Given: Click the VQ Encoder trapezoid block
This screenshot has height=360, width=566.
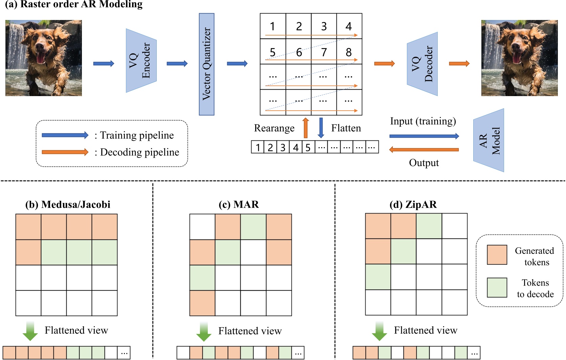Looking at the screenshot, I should tap(141, 61).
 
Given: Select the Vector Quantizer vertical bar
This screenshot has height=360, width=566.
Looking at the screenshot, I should tap(206, 64).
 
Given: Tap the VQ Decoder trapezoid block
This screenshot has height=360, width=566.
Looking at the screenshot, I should tap(422, 64).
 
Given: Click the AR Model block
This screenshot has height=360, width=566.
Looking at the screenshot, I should tap(488, 140).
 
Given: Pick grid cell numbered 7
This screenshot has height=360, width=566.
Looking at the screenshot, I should tap(324, 52).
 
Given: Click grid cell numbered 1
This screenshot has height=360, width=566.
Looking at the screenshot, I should tap(273, 26).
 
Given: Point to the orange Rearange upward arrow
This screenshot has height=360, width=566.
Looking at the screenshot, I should tap(305, 128).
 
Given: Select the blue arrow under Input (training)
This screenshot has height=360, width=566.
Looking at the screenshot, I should tap(424, 136).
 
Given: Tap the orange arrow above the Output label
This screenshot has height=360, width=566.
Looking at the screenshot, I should tap(424, 150).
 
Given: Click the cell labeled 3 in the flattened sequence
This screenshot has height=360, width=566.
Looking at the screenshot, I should tap(283, 147).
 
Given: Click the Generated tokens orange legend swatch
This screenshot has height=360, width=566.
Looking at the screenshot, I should tap(497, 255).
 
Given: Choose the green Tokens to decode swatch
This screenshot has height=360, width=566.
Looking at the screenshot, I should tap(497, 288).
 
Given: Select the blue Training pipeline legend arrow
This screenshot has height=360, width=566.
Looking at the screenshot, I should tap(65, 135).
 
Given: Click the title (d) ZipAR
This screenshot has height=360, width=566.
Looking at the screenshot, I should tap(413, 204).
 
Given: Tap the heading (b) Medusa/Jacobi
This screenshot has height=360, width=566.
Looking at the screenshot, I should tap(68, 204).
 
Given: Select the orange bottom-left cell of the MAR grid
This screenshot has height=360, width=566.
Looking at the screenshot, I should tap(202, 303).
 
